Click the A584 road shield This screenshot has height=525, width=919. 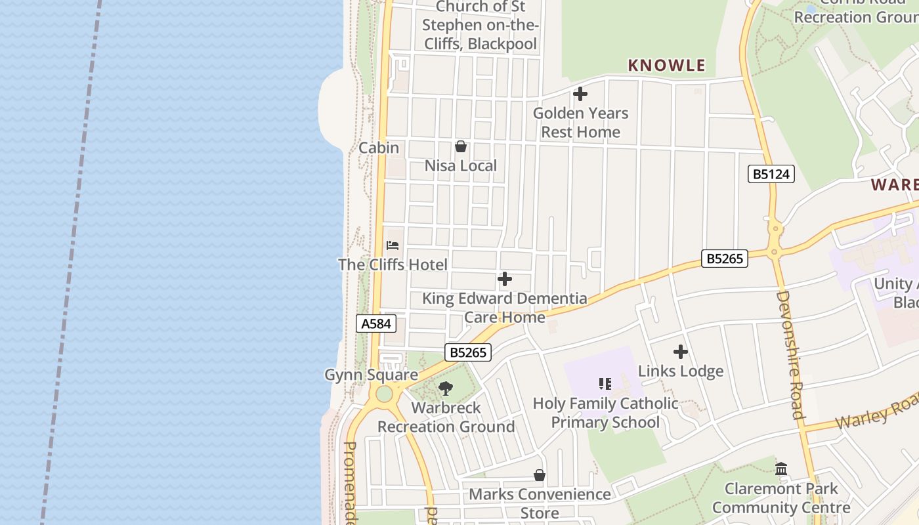click(x=377, y=324)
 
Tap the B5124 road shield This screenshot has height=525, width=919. click(x=771, y=175)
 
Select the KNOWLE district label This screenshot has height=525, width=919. click(x=666, y=65)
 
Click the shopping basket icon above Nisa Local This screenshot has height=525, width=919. click(x=461, y=146)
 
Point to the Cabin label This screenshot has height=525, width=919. click(x=379, y=148)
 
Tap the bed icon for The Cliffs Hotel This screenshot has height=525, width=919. click(x=393, y=245)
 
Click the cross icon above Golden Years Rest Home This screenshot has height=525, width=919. click(x=580, y=94)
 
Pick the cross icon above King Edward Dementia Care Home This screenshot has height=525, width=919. click(x=504, y=280)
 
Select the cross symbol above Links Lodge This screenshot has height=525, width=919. click(x=681, y=352)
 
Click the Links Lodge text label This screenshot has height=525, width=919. click(x=681, y=371)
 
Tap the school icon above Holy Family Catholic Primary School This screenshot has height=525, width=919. click(x=605, y=383)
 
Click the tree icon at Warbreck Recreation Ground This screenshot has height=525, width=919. click(x=446, y=388)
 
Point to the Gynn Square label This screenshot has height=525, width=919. click(x=371, y=375)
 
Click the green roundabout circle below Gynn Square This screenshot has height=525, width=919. click(x=384, y=394)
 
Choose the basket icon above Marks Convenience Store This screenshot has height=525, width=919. click(x=540, y=474)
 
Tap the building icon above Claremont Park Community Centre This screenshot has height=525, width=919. click(x=781, y=469)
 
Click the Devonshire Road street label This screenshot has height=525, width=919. click(x=790, y=354)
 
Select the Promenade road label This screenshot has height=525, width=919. click(x=350, y=482)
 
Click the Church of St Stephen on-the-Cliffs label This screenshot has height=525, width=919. click(x=481, y=26)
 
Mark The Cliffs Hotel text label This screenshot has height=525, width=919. click(x=393, y=264)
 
